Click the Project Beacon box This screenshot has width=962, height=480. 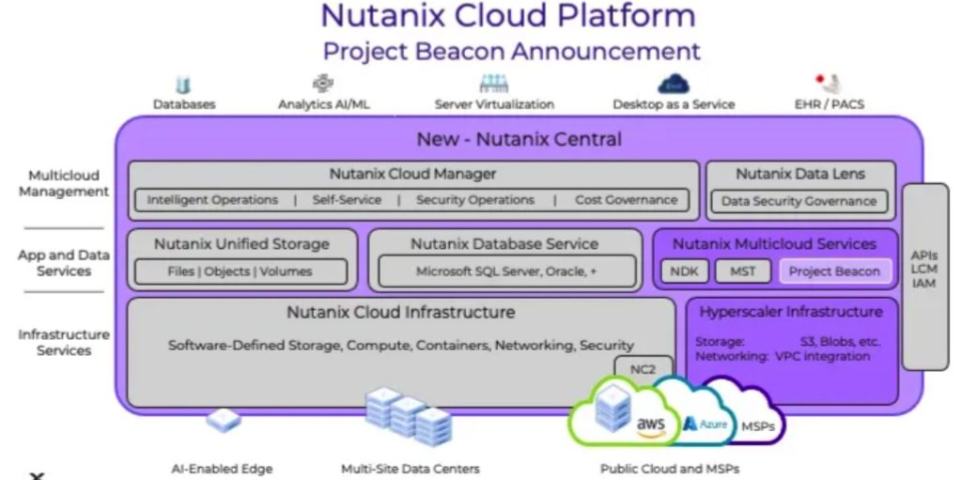[x=834, y=271]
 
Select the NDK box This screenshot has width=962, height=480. [x=683, y=271]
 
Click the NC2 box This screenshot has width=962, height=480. [x=643, y=369]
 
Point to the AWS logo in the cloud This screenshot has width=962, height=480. [x=650, y=426]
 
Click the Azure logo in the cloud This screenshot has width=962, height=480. [x=706, y=425]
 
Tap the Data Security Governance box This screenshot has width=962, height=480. [x=799, y=200]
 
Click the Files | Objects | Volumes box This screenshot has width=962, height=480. [x=240, y=271]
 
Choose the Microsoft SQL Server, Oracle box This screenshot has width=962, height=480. [x=506, y=271]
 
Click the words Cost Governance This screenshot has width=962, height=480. [x=626, y=200]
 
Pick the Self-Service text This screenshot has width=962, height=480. [x=347, y=200]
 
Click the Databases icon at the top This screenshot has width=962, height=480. [x=184, y=85]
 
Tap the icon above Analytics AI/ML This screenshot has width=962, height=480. [x=323, y=84]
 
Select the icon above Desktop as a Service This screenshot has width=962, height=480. [x=673, y=85]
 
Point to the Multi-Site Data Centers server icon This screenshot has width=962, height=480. [x=409, y=417]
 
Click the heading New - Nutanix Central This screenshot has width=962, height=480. [x=519, y=140]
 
